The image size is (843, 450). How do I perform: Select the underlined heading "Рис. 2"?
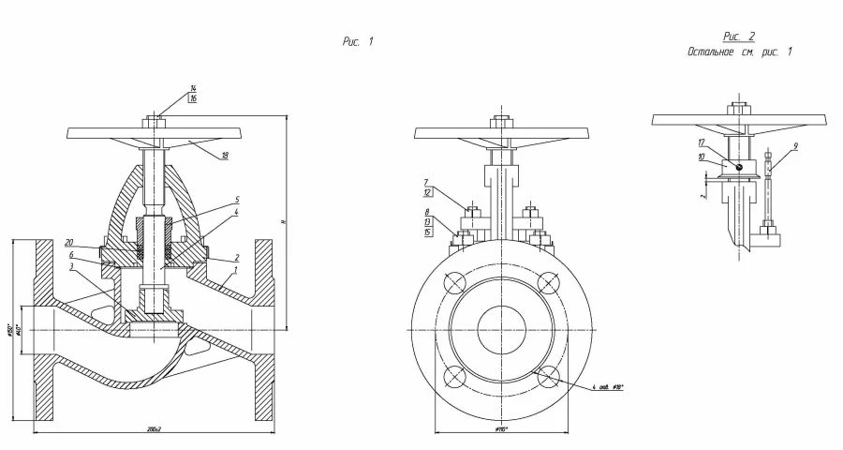[x=739, y=37]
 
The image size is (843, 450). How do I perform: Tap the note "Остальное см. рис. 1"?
[x=739, y=52]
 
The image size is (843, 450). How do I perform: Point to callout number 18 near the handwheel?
[x=225, y=156]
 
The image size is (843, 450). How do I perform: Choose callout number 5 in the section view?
[x=237, y=200]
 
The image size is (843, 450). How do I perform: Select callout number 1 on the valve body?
[x=236, y=270]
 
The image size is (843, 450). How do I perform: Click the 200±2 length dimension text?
[x=154, y=428]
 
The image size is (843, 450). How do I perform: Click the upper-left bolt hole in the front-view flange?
[x=456, y=283]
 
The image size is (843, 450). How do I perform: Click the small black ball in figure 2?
[x=739, y=169]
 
